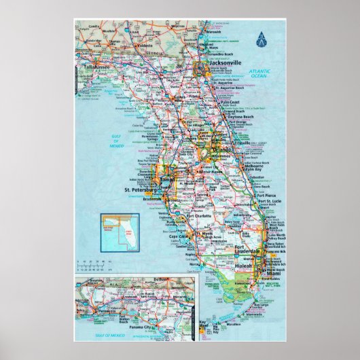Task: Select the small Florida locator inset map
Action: point(115,230)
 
